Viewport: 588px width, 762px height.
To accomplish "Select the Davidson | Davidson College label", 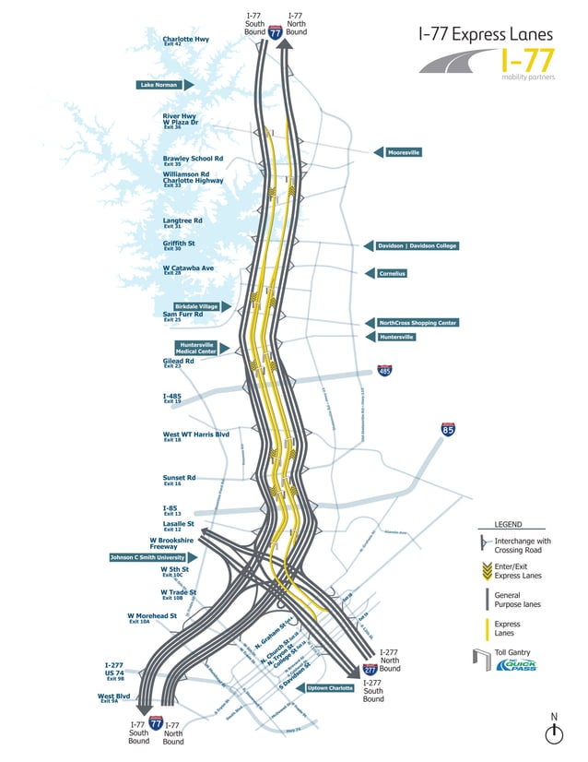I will coord(417,245).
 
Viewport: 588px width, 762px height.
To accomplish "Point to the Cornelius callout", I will coord(392,274).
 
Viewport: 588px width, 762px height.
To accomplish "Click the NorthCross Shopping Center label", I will coord(417,323).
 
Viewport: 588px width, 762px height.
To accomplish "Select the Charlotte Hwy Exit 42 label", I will coord(185,41).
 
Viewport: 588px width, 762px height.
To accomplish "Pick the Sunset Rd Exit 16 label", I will coord(179,480).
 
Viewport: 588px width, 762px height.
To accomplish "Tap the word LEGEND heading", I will coord(508,525).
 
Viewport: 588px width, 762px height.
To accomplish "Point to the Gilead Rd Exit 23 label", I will coord(178,363).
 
